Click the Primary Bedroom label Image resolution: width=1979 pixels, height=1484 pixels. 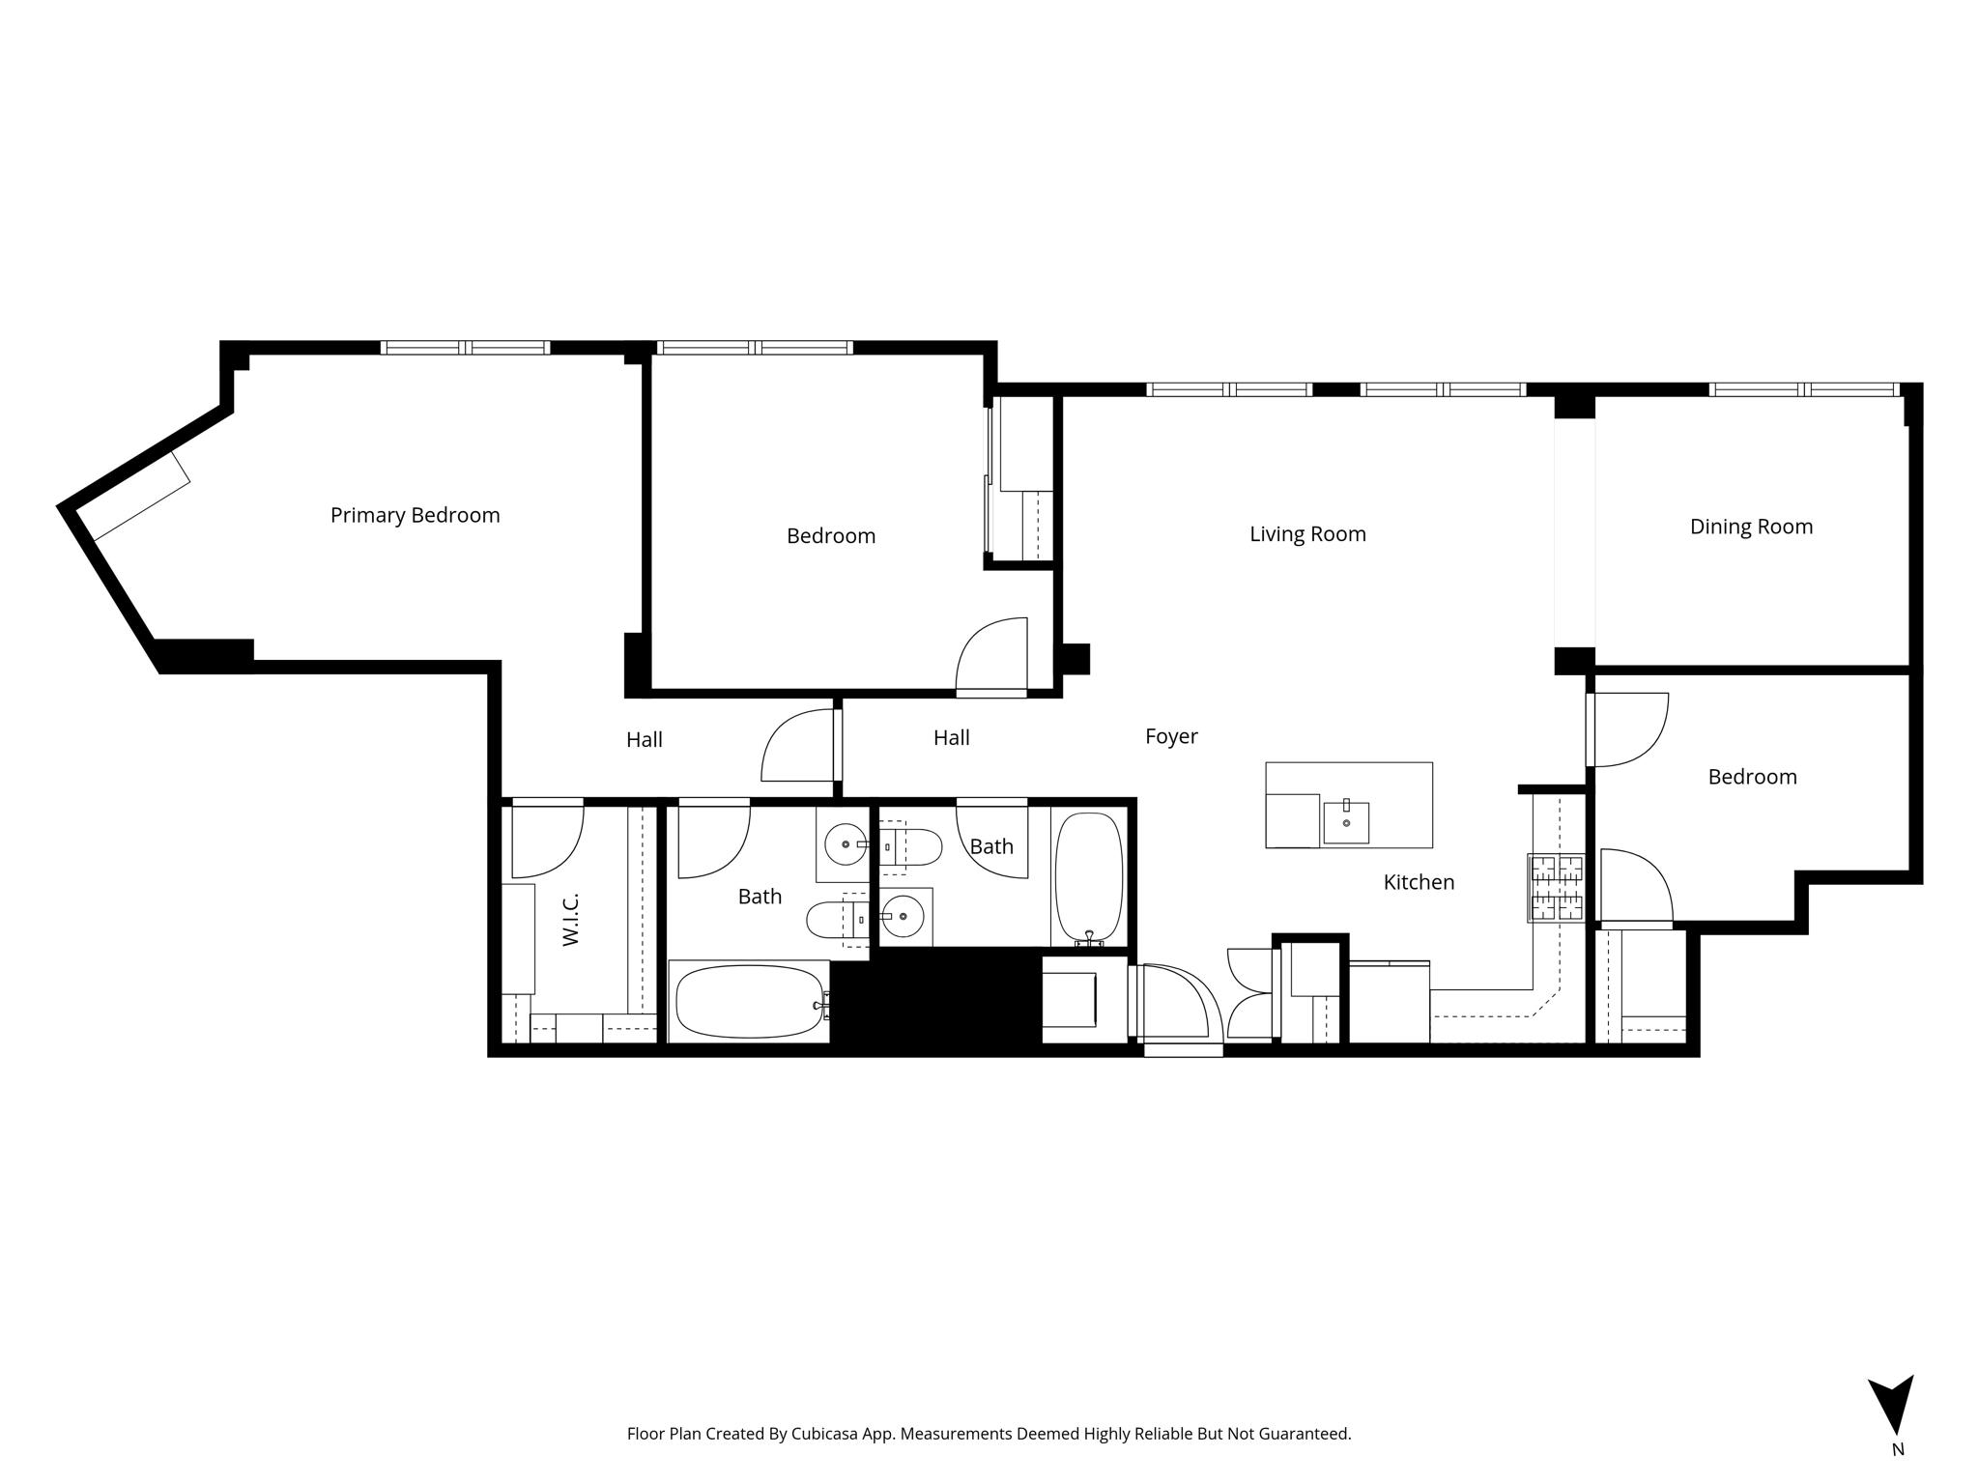coord(416,515)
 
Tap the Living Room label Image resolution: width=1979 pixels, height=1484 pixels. coord(1307,534)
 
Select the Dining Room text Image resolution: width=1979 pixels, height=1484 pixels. coord(1751,527)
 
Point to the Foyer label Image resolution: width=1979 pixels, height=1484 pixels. coord(1171,736)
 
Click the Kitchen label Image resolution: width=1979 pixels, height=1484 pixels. coord(1419,882)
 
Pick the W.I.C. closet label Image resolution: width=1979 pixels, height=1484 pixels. coord(570,919)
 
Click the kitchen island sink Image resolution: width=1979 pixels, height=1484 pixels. coord(1346,821)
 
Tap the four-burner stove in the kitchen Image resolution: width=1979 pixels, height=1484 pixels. coord(1556,888)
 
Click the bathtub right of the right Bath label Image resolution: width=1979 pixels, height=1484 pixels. coord(1089,877)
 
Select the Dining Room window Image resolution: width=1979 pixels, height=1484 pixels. coord(1805,390)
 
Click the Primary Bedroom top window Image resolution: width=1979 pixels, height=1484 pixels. coord(465,348)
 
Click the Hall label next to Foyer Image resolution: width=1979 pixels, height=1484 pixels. coord(952,738)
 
